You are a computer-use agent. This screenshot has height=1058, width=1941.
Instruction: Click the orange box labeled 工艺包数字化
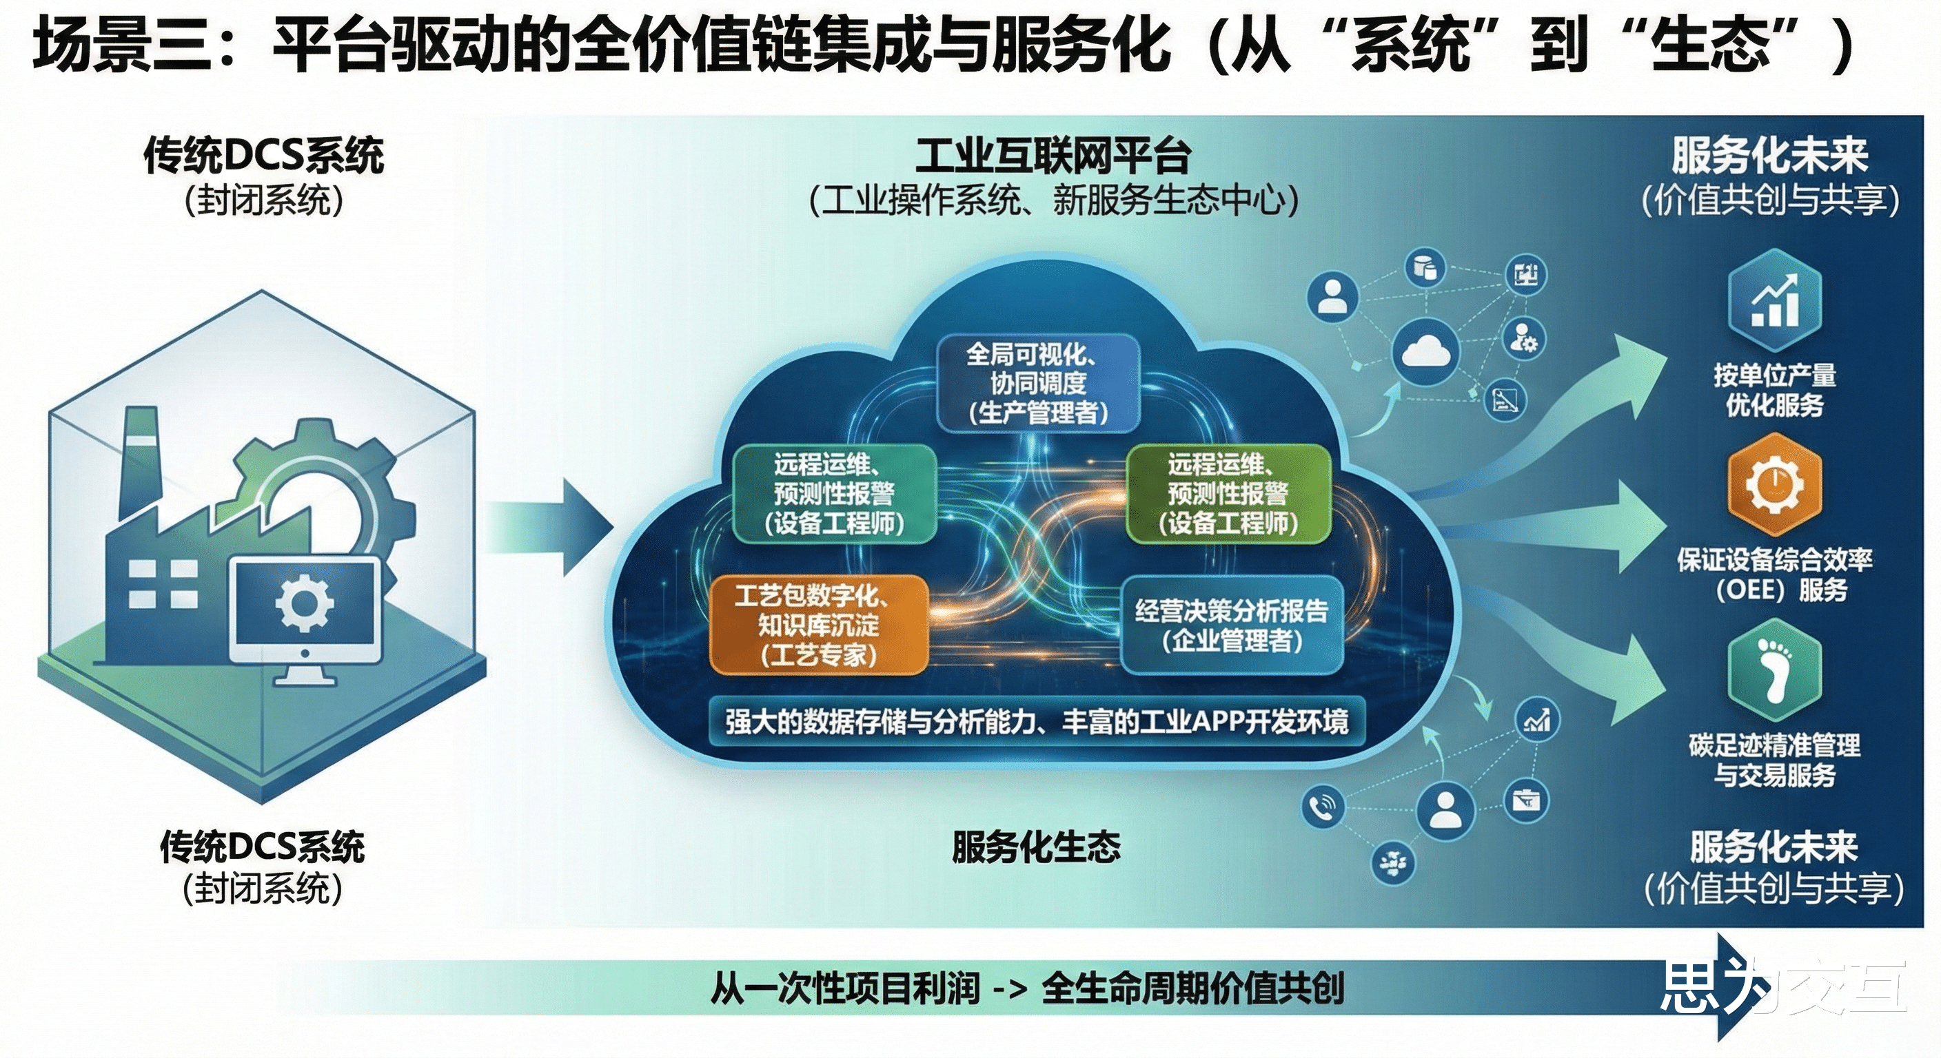pyautogui.click(x=818, y=624)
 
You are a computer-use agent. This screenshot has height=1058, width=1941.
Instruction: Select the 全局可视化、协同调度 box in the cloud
pyautogui.click(x=1037, y=383)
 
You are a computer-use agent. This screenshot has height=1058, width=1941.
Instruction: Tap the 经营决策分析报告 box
pyautogui.click(x=1232, y=625)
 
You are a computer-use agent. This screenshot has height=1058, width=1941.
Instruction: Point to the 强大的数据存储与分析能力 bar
pyautogui.click(x=1037, y=721)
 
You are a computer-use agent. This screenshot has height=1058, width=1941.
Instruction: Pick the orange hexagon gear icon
pyautogui.click(x=1774, y=486)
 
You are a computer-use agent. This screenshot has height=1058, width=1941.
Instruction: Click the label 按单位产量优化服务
pyautogui.click(x=1774, y=389)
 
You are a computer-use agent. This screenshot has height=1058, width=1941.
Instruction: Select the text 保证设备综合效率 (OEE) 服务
pyautogui.click(x=1774, y=574)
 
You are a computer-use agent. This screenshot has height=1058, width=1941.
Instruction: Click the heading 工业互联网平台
pyautogui.click(x=1053, y=156)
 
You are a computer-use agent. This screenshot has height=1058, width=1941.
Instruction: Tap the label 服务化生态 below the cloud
pyautogui.click(x=1036, y=847)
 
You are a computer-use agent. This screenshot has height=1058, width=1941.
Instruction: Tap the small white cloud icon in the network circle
pyautogui.click(x=1425, y=351)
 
